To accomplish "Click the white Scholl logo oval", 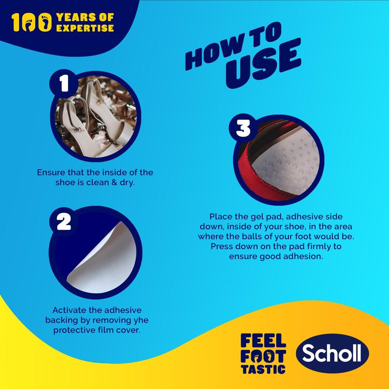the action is point(333,354).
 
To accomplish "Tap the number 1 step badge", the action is point(64,84).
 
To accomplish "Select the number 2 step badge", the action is point(64,222).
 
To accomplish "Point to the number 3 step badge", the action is point(243,128).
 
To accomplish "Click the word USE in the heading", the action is point(264,63).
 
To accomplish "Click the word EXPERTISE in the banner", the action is point(85,28).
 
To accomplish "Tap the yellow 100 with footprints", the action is point(32,22).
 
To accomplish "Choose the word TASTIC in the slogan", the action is point(263,370).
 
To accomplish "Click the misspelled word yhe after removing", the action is point(141,320).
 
